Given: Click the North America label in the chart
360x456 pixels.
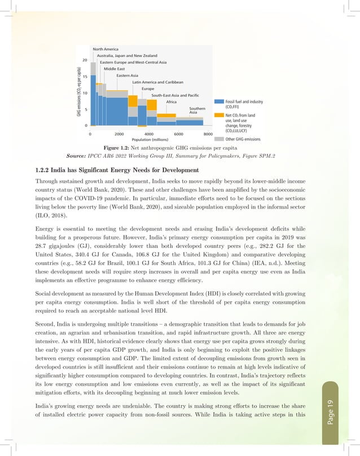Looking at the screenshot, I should coord(106,48).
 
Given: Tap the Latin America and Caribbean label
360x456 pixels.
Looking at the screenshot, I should coord(157,82).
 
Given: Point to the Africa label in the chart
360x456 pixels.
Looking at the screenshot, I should coord(172,101).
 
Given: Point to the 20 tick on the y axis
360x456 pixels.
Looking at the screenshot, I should coord(85,59).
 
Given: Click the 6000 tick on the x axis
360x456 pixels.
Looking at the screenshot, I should coord(178,134).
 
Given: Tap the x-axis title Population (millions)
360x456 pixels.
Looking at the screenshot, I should coord(150,139).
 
